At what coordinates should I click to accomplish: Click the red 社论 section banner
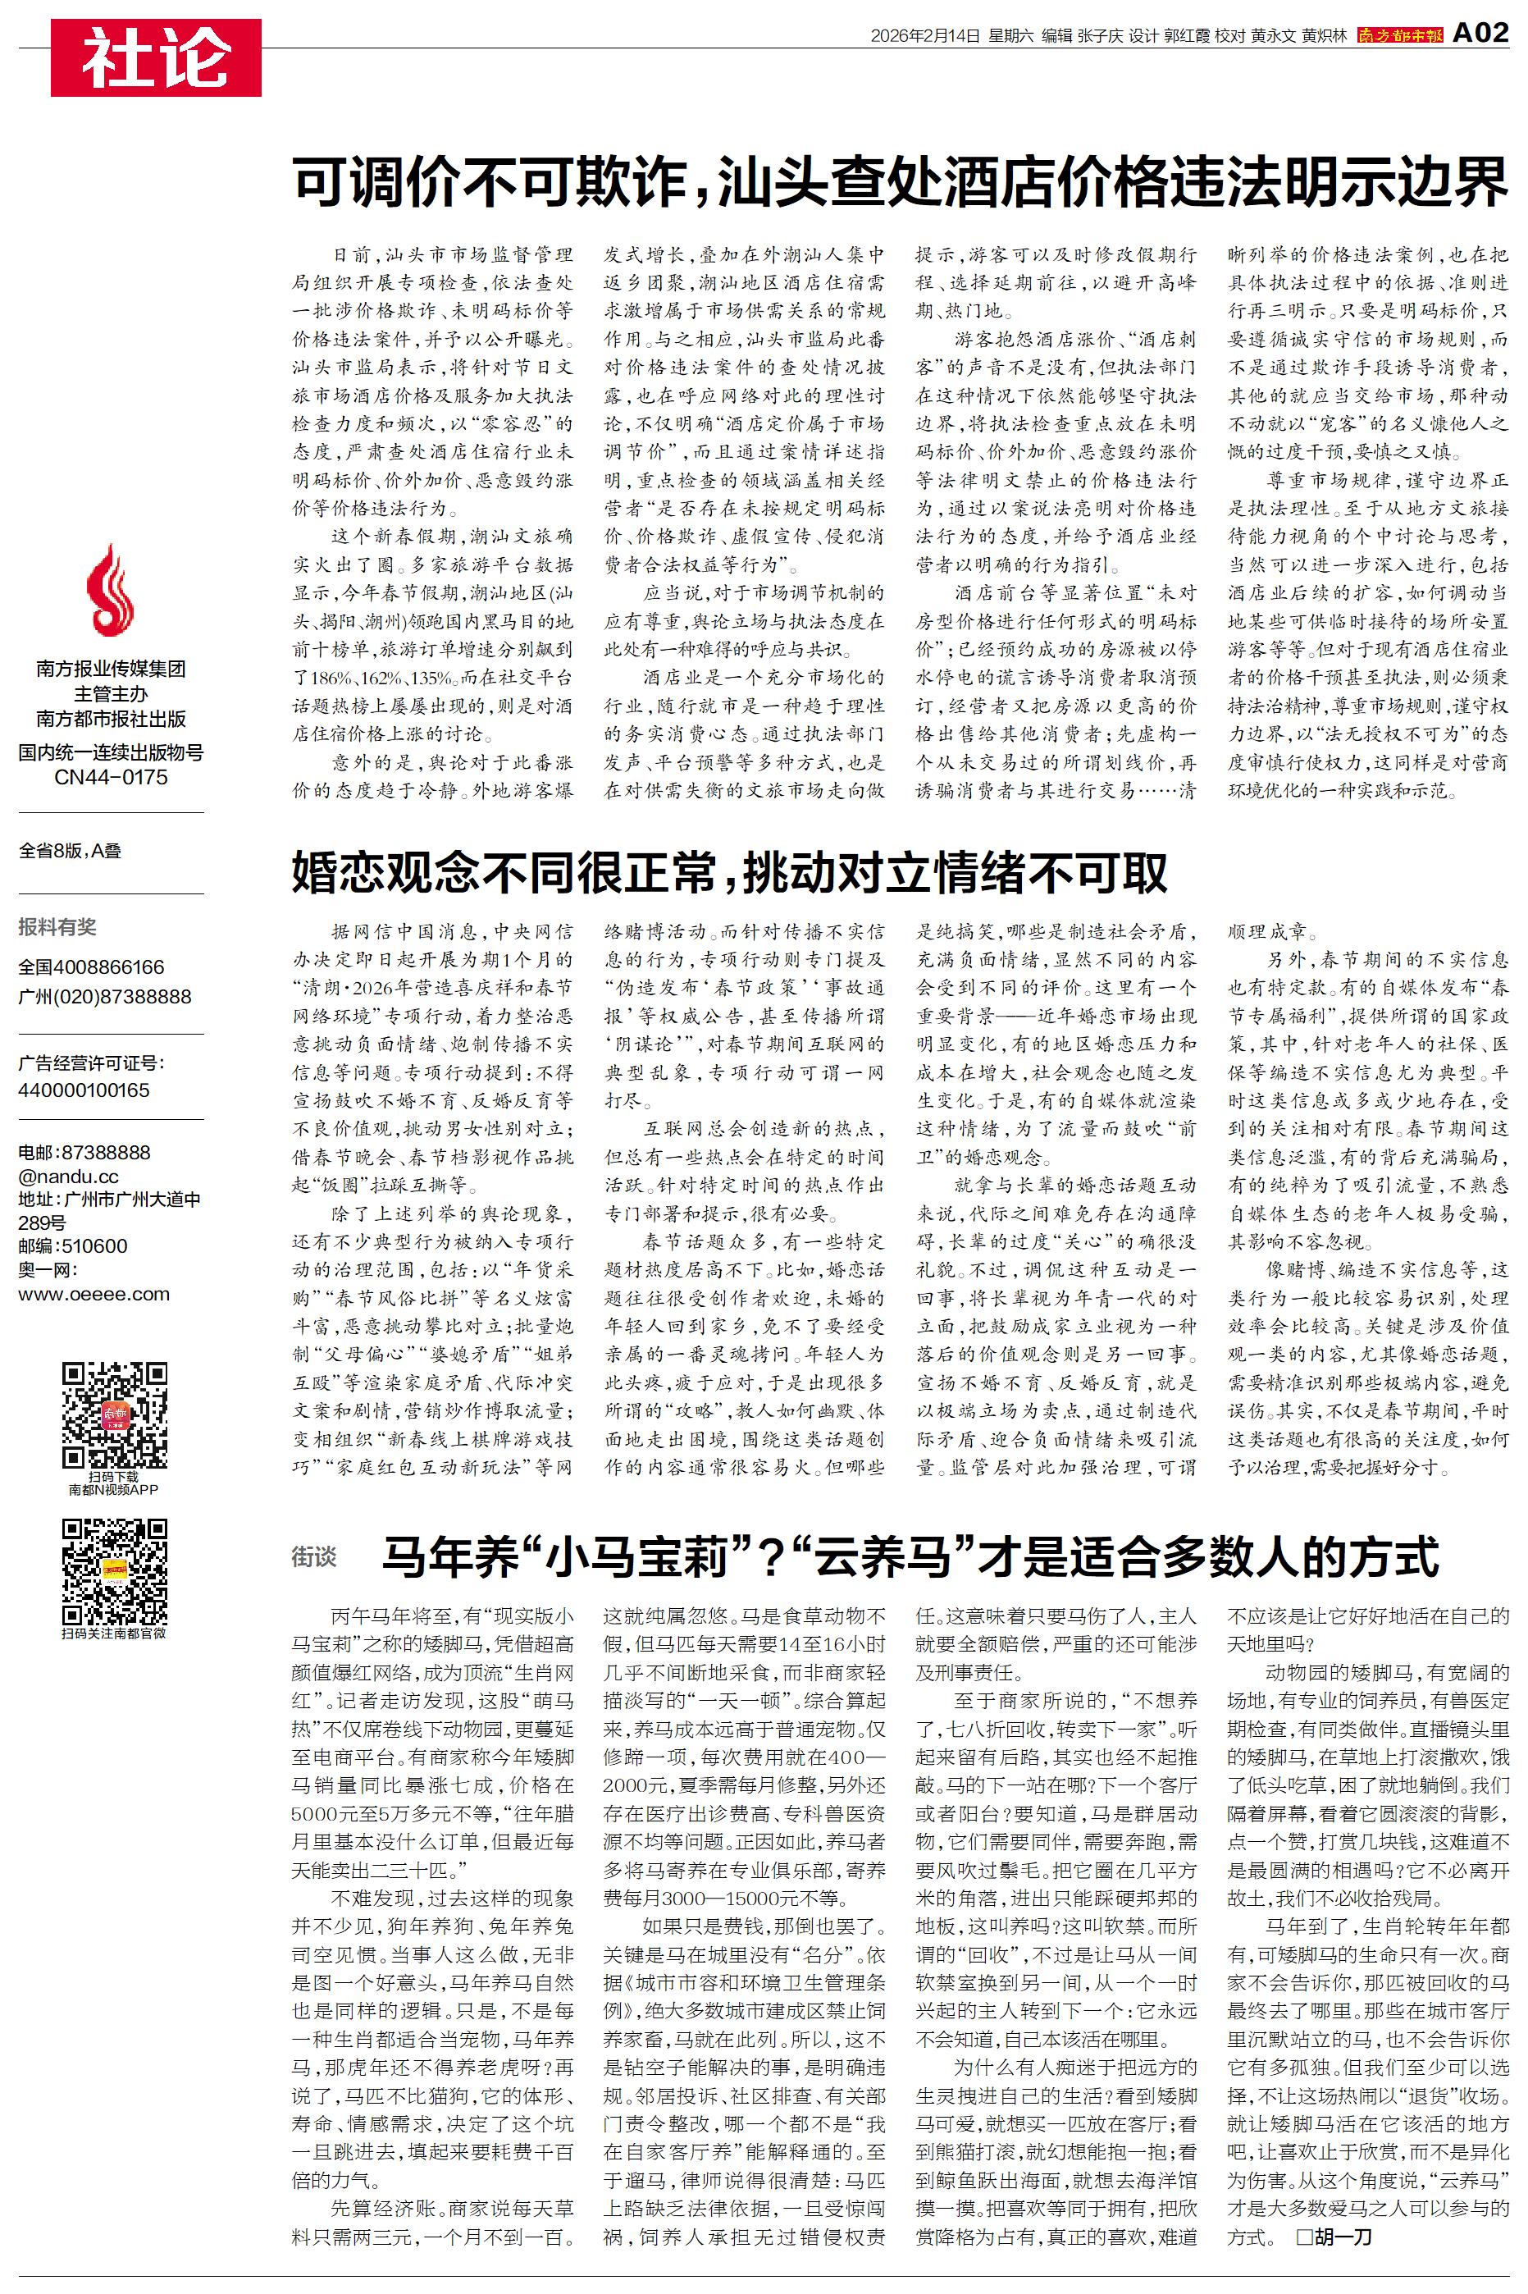[156, 57]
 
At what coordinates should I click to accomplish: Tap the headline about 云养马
[910, 1556]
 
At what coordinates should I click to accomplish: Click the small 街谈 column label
[314, 1557]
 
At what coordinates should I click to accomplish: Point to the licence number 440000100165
[84, 1090]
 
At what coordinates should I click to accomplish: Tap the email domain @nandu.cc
[68, 1177]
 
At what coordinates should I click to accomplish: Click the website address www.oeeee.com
[94, 1294]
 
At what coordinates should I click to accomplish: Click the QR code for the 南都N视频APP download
[114, 1415]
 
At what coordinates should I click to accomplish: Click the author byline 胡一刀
[1342, 2237]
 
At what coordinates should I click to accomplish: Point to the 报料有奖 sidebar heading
[57, 927]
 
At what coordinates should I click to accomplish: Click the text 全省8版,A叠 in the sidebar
[71, 851]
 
